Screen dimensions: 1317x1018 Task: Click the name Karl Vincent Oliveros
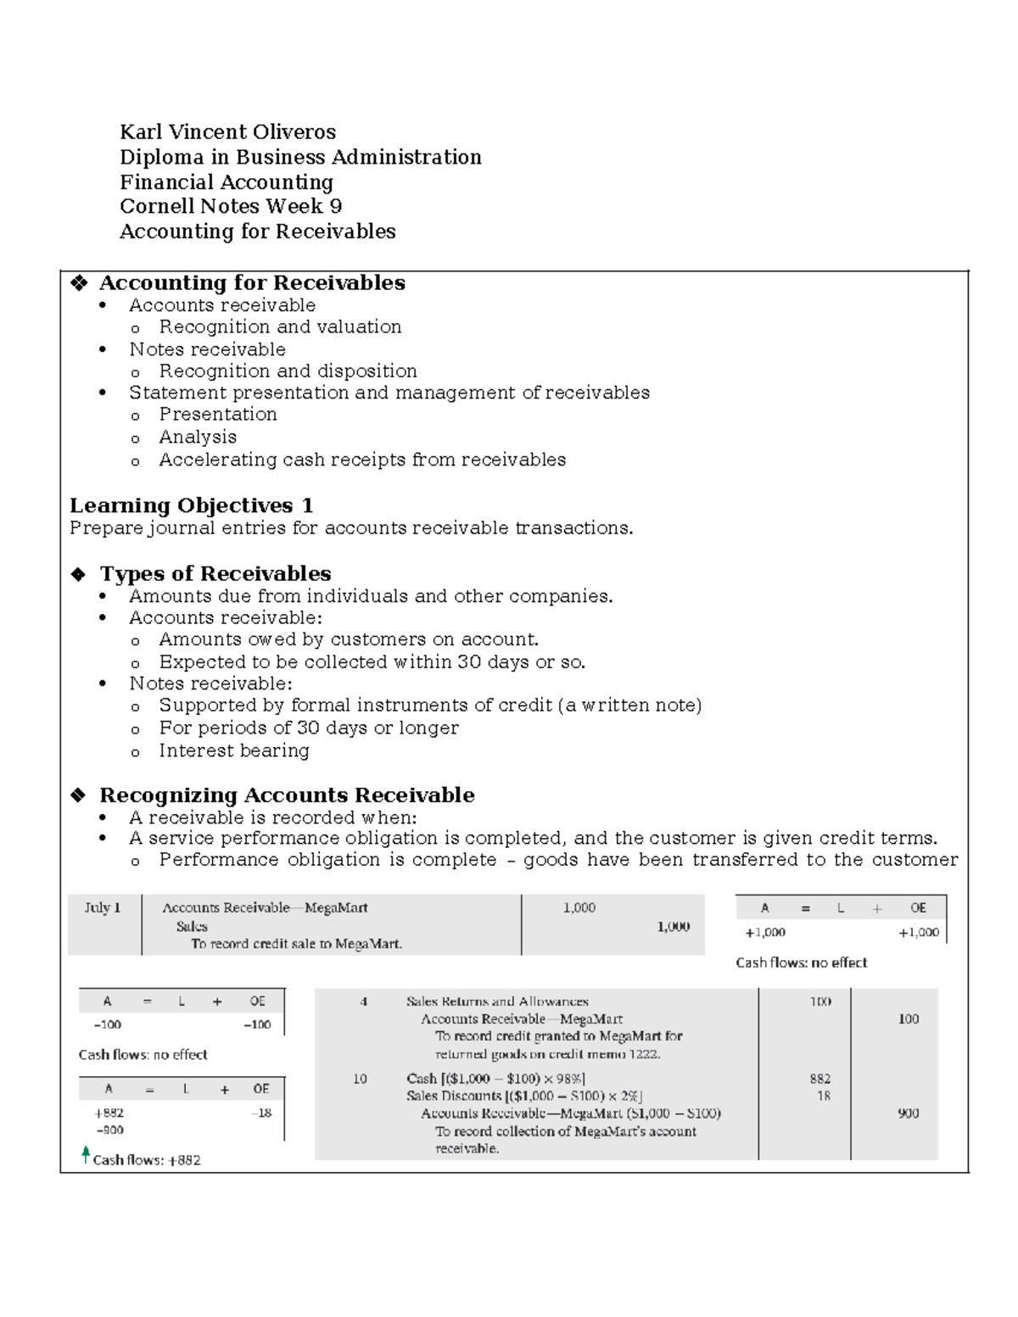pyautogui.click(x=227, y=132)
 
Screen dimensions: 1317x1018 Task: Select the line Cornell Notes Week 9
pyautogui.click(x=231, y=206)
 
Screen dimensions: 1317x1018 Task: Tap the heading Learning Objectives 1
pyautogui.click(x=191, y=506)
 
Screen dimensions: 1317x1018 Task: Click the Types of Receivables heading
pyautogui.click(x=215, y=574)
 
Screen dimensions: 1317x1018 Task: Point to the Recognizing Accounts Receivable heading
pyautogui.click(x=287, y=795)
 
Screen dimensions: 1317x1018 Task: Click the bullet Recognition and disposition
pyautogui.click(x=288, y=371)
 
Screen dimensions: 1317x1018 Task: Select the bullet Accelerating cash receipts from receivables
pyautogui.click(x=362, y=460)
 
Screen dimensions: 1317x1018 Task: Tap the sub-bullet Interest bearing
pyautogui.click(x=234, y=751)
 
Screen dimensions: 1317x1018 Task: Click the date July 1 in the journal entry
pyautogui.click(x=103, y=908)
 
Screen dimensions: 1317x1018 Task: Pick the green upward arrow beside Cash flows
pyautogui.click(x=85, y=1155)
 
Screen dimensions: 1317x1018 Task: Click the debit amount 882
pyautogui.click(x=819, y=1079)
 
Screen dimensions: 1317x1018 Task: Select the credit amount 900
pyautogui.click(x=908, y=1113)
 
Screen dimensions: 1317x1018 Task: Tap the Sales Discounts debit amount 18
pyautogui.click(x=823, y=1096)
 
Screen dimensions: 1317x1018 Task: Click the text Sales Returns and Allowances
pyautogui.click(x=497, y=1002)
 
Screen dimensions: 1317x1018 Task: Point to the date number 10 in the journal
pyautogui.click(x=360, y=1079)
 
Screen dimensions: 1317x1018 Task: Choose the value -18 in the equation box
pyautogui.click(x=261, y=1113)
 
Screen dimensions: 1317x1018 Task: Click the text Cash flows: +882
pyautogui.click(x=147, y=1160)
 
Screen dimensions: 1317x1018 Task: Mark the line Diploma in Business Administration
pyautogui.click(x=300, y=158)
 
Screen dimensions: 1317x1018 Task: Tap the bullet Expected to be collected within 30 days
pyautogui.click(x=372, y=662)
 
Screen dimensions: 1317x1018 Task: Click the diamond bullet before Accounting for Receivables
pyautogui.click(x=79, y=283)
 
